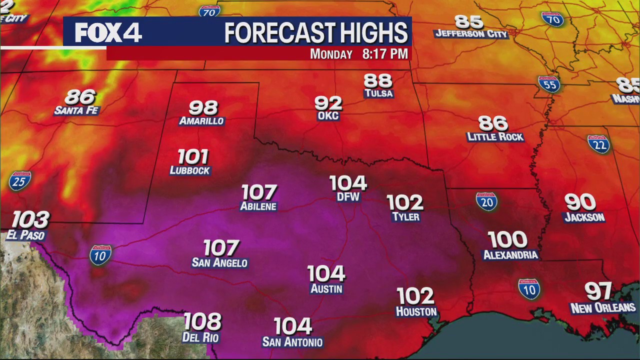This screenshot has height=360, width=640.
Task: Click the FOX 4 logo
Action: (x=108, y=33)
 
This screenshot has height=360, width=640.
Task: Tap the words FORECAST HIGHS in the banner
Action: (x=316, y=33)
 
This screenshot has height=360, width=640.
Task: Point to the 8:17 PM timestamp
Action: (x=385, y=54)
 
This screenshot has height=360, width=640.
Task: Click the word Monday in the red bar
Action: (x=331, y=54)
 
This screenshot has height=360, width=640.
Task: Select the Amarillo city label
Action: (x=201, y=121)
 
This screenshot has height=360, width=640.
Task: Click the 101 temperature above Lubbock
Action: (x=192, y=157)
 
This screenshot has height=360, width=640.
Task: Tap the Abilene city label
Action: (x=258, y=206)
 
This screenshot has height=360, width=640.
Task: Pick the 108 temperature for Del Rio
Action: (x=202, y=321)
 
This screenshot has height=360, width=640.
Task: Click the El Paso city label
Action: (x=25, y=235)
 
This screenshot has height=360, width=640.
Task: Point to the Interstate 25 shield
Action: (x=20, y=181)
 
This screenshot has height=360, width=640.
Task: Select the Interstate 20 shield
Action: (x=486, y=201)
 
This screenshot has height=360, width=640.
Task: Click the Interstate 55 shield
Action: (x=548, y=84)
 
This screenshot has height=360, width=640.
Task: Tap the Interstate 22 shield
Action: (x=598, y=144)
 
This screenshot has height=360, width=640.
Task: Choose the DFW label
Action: (x=348, y=197)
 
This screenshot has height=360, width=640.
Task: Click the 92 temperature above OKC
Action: (x=328, y=103)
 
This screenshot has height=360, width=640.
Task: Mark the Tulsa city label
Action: (x=378, y=93)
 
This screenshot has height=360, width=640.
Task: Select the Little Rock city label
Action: (x=495, y=136)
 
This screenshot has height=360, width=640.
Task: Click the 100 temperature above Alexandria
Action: (x=507, y=240)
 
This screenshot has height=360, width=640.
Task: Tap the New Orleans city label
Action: (x=603, y=307)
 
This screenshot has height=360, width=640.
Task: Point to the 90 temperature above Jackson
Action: (x=580, y=202)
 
